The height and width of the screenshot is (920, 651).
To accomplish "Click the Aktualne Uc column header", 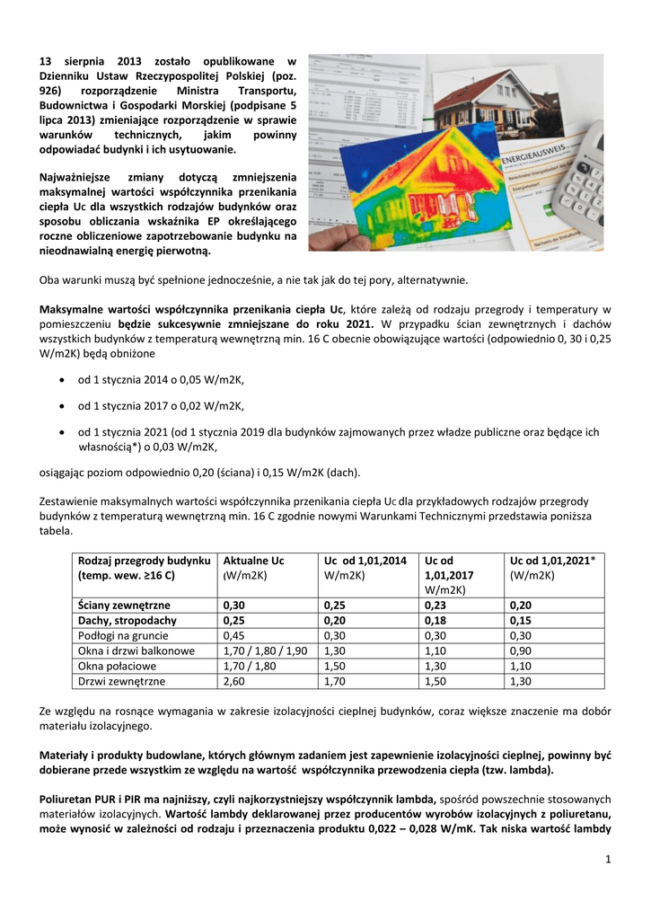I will [x=253, y=560].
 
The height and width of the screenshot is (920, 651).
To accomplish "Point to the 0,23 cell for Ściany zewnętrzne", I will [x=438, y=605].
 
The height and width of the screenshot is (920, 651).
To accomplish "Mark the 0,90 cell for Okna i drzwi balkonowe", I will [x=521, y=650].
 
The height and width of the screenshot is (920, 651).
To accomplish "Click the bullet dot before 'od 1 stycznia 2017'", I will [x=61, y=405].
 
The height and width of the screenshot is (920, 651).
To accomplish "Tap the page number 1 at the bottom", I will [x=608, y=861].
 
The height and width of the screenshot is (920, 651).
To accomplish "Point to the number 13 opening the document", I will [x=47, y=59].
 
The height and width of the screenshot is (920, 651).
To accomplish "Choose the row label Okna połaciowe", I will [x=118, y=666].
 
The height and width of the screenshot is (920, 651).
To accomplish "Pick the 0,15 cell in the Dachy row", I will [x=521, y=620].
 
